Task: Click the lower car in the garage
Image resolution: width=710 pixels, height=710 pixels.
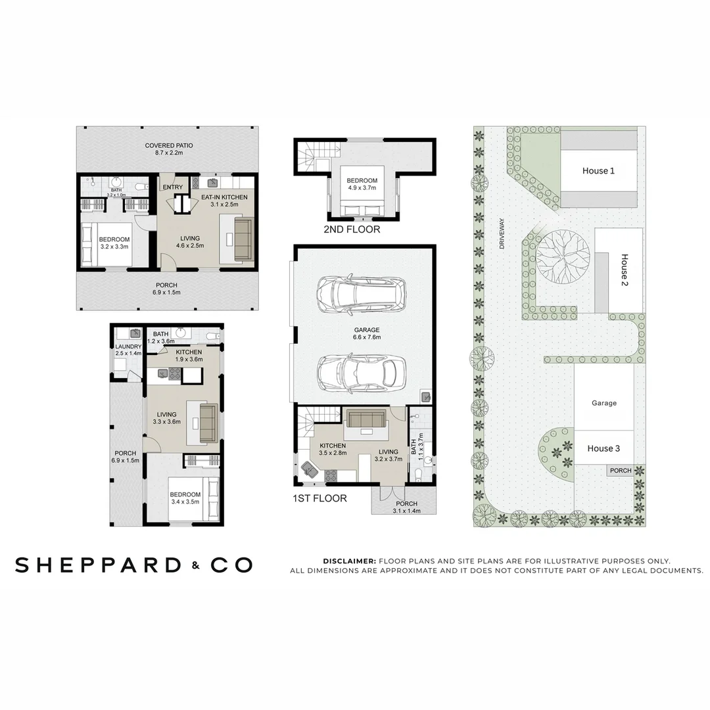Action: click(x=358, y=375)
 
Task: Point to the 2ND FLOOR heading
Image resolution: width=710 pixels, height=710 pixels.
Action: click(x=352, y=230)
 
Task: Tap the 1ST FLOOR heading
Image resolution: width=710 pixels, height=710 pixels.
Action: click(x=319, y=498)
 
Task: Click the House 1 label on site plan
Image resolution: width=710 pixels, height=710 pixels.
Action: click(x=598, y=171)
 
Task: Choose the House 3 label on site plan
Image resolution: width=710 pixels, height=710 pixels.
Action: click(x=603, y=448)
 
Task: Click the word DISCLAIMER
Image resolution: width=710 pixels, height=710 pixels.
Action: click(x=349, y=561)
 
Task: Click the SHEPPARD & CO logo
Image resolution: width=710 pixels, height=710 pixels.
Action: click(x=133, y=564)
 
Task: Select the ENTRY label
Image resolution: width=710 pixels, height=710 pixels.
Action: click(x=173, y=187)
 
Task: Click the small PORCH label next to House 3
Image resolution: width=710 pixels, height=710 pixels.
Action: click(x=621, y=471)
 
